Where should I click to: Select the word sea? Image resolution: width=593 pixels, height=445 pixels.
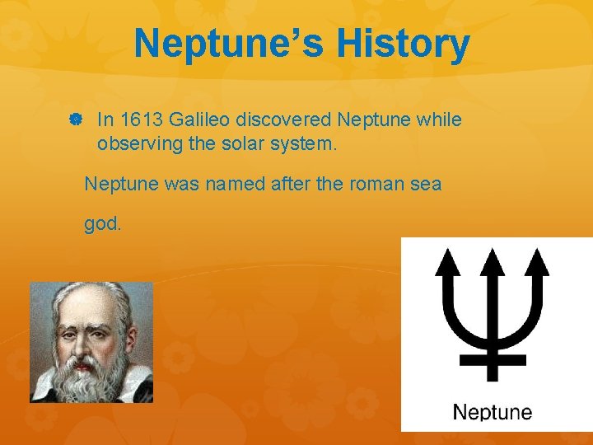[427, 184]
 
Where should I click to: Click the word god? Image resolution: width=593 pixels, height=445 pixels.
[102, 224]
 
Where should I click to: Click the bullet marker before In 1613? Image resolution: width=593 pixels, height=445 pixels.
[74, 120]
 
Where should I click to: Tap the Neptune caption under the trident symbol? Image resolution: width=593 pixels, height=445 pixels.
[493, 412]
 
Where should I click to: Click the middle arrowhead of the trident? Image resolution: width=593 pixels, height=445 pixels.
[493, 262]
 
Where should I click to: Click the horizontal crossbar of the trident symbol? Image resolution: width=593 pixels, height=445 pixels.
[493, 359]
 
